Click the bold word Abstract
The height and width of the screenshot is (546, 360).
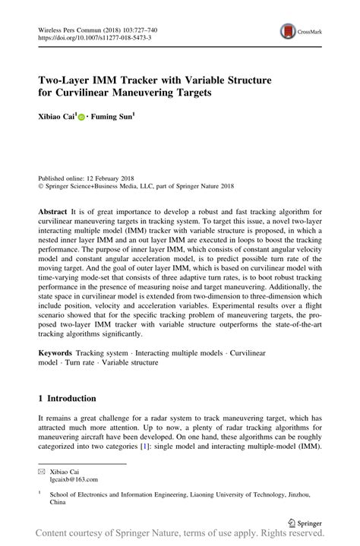pos(53,211)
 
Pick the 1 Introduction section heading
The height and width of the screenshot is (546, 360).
pos(67,398)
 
